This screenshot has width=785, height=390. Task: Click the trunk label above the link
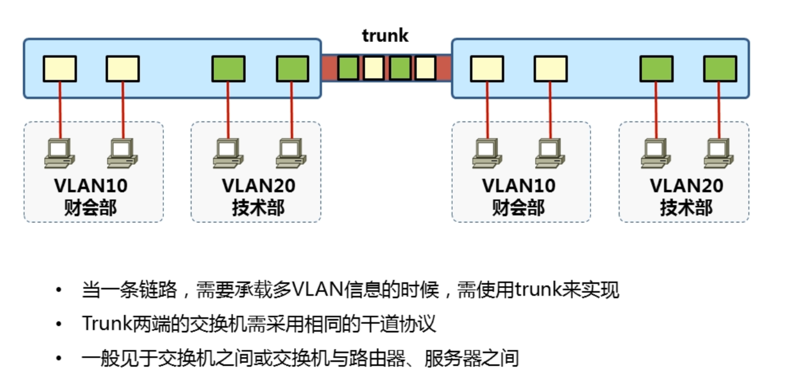pyautogui.click(x=385, y=36)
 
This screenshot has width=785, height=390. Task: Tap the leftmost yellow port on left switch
pyautogui.click(x=60, y=69)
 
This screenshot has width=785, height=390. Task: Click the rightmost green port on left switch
pyautogui.click(x=293, y=69)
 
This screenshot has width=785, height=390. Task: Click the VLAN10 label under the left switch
pyautogui.click(x=91, y=185)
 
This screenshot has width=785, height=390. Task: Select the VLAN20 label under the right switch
pyautogui.click(x=686, y=185)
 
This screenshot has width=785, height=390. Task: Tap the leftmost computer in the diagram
pyautogui.click(x=59, y=153)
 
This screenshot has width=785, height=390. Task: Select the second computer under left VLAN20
pyautogui.click(x=291, y=153)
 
